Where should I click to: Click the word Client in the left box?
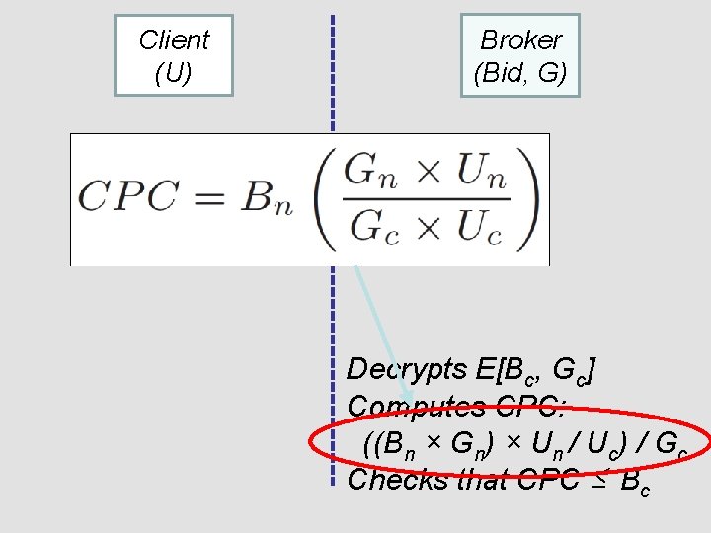174,40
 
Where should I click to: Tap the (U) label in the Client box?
174,73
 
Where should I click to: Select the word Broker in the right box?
520,40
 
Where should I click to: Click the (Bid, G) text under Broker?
520,73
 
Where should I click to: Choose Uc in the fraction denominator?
479,228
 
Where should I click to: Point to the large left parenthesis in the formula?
324,198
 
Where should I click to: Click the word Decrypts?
407,369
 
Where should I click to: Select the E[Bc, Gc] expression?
534,371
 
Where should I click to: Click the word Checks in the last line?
394,479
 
